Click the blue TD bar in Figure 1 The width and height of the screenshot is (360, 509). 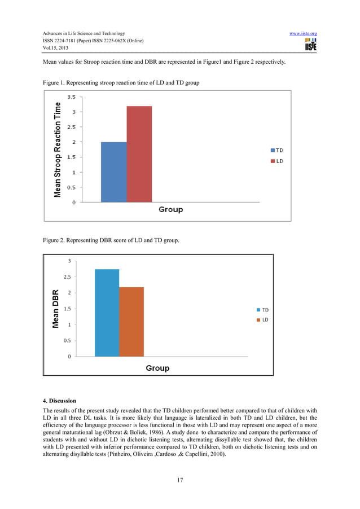[113, 172]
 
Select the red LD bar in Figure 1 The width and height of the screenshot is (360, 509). [139, 153]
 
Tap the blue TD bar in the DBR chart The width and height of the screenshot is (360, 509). [107, 313]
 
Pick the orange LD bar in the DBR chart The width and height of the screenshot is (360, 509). [131, 322]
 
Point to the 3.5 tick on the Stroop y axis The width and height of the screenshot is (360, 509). [72, 97]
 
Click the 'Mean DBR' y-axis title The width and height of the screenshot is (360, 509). [55, 309]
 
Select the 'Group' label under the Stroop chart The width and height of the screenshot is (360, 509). [170, 209]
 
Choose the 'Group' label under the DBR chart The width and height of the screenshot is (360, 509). [157, 368]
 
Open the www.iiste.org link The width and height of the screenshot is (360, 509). [302, 34]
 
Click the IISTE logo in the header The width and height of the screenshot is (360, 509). [310, 45]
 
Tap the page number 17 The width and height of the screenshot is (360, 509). [179, 480]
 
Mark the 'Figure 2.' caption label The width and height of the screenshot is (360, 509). [54, 241]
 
